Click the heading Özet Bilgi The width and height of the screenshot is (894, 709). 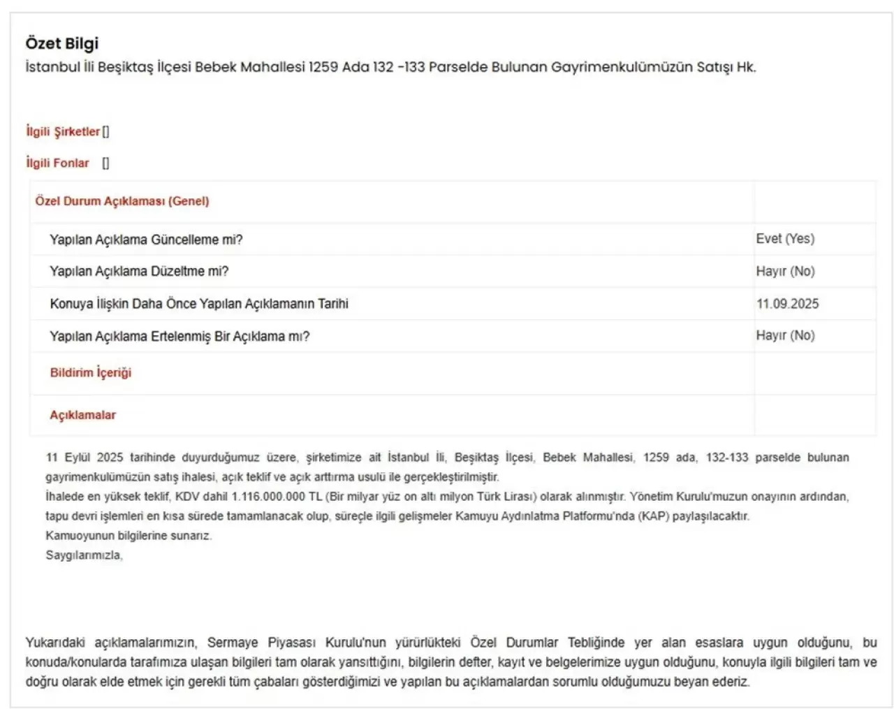click(x=62, y=43)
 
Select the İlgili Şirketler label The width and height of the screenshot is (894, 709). click(x=63, y=131)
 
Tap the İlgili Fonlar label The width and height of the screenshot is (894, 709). click(x=57, y=163)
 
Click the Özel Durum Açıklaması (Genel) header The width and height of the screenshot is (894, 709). click(x=122, y=201)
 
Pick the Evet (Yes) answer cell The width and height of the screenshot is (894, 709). click(x=785, y=239)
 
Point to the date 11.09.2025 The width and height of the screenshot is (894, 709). click(x=787, y=304)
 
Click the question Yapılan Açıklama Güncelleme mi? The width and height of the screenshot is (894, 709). click(x=146, y=240)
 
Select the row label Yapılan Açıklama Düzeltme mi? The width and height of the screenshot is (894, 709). click(x=139, y=272)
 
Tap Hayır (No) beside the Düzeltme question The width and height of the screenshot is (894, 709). click(x=785, y=272)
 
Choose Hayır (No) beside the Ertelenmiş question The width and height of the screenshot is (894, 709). click(x=785, y=336)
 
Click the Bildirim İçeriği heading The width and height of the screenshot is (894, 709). click(x=91, y=373)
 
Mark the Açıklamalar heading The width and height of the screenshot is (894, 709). click(x=82, y=415)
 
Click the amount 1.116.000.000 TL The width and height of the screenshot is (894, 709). click(x=277, y=497)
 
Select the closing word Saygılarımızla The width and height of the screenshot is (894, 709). click(x=84, y=555)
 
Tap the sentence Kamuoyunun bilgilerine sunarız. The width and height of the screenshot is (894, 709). click(x=129, y=536)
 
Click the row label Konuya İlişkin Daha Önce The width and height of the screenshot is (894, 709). click(x=199, y=304)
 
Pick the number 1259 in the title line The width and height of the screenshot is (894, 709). click(x=323, y=67)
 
